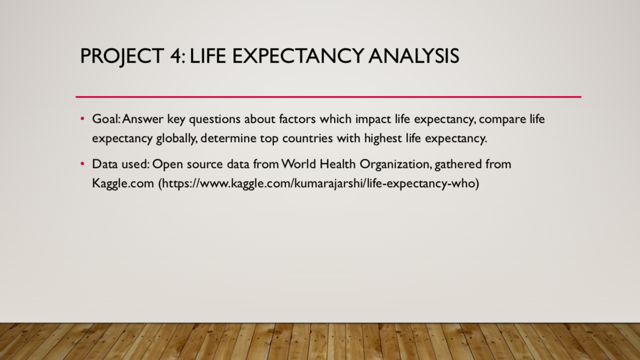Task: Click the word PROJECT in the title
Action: pos(122,57)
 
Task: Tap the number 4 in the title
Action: pos(176,56)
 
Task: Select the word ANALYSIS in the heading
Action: pos(414,56)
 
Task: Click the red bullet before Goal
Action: pos(82,118)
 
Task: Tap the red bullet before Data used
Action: pos(82,164)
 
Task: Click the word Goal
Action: pos(106,119)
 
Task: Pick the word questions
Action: pos(215,119)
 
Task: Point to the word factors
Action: pos(297,119)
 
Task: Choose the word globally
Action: pos(176,139)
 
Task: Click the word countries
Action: pos(308,139)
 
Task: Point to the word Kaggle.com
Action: pos(123,184)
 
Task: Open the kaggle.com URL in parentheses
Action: pos(318,184)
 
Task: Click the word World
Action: pos(298,164)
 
